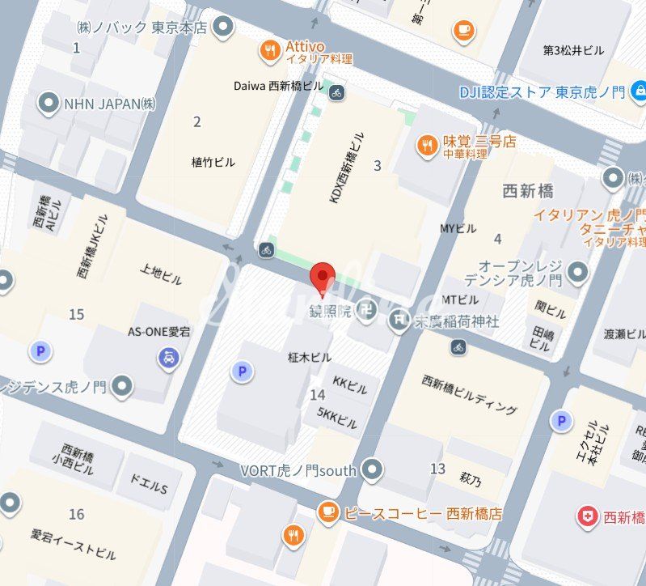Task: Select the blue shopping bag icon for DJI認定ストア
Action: click(640, 91)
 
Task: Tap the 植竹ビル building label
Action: click(213, 162)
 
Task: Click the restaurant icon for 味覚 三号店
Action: click(426, 146)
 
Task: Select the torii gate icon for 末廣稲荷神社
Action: click(399, 321)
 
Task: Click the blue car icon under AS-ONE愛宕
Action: click(168, 357)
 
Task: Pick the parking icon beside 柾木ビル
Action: click(240, 372)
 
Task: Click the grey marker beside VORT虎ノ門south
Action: click(371, 468)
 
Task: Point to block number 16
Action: click(76, 514)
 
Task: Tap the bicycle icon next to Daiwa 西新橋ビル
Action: click(336, 92)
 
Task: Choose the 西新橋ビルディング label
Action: click(470, 395)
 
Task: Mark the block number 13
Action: click(437, 469)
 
